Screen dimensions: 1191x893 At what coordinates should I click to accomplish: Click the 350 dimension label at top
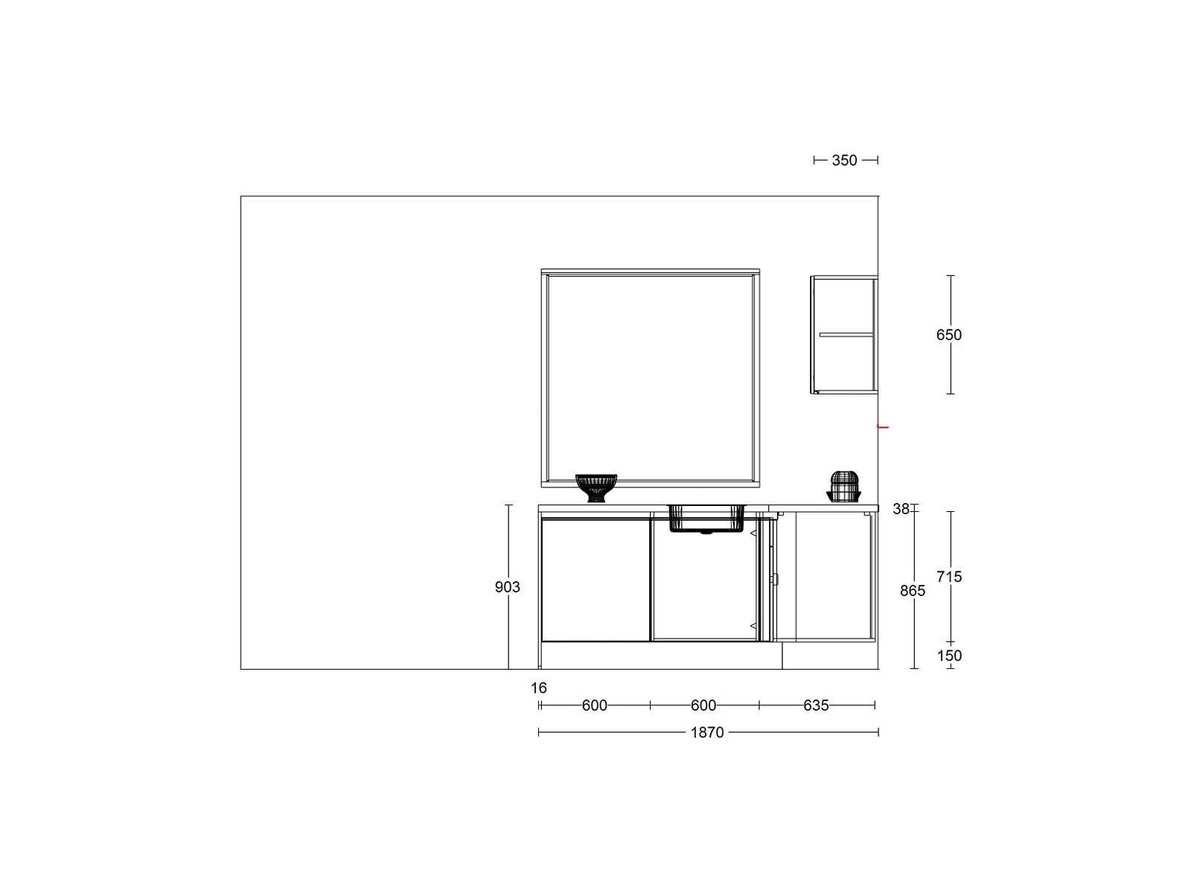pos(843,161)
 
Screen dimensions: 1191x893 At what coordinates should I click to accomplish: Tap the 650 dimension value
pos(948,335)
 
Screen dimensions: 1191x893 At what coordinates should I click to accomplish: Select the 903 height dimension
pos(508,587)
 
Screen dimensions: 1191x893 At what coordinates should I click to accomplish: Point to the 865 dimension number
pos(913,591)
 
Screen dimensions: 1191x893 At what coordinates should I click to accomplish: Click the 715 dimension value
pos(949,577)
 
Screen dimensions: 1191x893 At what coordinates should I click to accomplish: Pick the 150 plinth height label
pos(949,656)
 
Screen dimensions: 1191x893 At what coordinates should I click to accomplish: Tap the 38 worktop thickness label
pos(901,509)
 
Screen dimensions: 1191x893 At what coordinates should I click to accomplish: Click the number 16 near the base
pos(539,688)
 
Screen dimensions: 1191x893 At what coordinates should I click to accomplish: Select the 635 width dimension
pos(816,705)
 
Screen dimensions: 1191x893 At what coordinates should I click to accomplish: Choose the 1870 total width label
pos(707,732)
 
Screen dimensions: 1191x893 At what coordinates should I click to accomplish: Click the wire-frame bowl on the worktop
pos(595,488)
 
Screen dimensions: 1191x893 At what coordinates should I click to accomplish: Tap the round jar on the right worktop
pos(843,487)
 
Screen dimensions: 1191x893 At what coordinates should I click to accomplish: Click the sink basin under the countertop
pos(706,519)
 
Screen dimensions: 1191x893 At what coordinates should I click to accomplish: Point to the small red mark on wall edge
pos(884,427)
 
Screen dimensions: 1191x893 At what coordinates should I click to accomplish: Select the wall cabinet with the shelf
pos(843,335)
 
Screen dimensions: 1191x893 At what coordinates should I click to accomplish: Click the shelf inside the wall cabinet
pos(846,335)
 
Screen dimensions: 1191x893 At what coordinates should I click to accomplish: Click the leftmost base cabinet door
pos(595,580)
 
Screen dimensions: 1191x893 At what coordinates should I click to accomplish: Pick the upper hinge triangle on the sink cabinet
pos(753,534)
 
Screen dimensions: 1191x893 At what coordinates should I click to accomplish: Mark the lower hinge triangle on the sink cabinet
pos(753,627)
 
